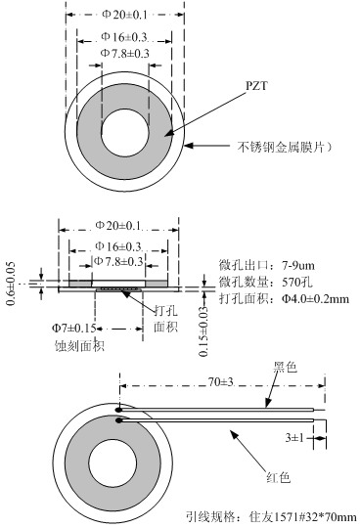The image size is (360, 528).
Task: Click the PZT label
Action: click(x=256, y=86)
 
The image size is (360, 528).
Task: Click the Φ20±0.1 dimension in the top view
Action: click(x=124, y=15)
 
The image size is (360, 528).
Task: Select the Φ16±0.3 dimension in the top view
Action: click(x=124, y=37)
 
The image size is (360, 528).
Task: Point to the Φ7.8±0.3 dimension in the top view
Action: click(x=124, y=53)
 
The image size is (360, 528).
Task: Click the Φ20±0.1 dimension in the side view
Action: click(x=117, y=225)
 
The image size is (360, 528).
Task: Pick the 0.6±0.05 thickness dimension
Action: click(x=11, y=284)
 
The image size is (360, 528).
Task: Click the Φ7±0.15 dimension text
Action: click(x=73, y=328)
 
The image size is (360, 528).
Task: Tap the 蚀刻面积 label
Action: click(x=79, y=346)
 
